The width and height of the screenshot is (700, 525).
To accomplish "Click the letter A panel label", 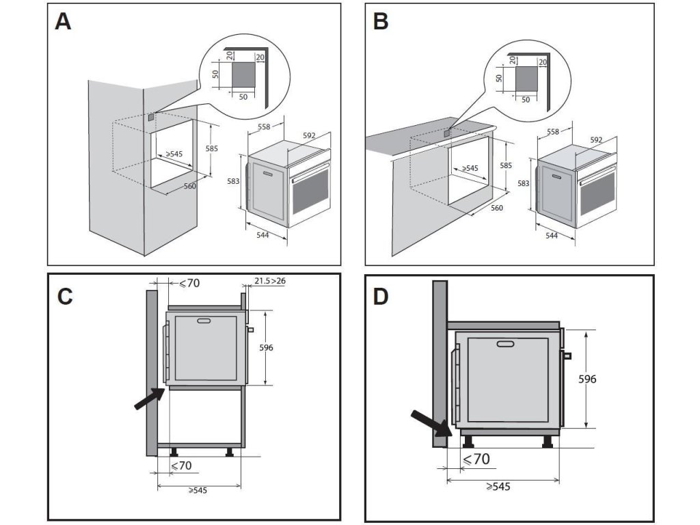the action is tap(62, 21).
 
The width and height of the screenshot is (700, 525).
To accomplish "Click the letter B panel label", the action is tap(380, 21).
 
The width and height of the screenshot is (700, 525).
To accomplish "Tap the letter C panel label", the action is tap(65, 297).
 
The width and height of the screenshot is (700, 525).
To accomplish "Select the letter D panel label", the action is tap(380, 297).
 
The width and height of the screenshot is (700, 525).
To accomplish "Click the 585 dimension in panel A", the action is tap(212, 148).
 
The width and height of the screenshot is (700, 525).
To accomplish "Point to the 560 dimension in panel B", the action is tap(497, 208).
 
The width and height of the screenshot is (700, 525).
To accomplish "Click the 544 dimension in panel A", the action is tap(262, 235).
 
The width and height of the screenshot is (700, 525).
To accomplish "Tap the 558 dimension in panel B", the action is tap(552, 132).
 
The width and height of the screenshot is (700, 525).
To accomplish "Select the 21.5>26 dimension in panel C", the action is tap(270, 281).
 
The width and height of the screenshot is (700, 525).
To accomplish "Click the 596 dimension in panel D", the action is tap(587, 379).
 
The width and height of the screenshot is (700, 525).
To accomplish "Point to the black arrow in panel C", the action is tap(150, 399).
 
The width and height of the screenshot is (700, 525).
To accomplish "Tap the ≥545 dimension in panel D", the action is tap(498, 486).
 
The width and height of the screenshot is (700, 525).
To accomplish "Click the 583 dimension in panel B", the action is tap(523, 183).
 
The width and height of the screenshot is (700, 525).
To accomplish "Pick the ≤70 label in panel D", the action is tap(476, 459).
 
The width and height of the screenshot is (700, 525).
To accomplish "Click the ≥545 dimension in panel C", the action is tap(198, 490).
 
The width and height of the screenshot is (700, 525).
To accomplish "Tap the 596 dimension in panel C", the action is tap(266, 347).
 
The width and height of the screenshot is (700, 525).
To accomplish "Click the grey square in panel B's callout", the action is tap(526, 79).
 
